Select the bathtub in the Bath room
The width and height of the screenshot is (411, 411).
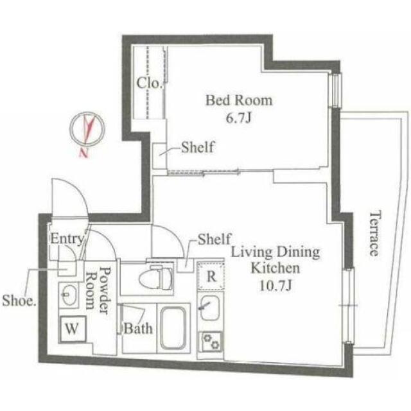point(173,328)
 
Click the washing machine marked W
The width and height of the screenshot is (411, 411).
point(73,329)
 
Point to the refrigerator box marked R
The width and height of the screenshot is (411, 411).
point(211,275)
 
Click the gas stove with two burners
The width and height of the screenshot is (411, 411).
point(211,342)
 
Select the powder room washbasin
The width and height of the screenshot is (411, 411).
point(69,295)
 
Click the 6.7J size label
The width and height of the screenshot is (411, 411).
point(238,118)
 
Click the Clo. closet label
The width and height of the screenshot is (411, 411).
point(149,83)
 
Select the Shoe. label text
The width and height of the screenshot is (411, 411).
point(19,301)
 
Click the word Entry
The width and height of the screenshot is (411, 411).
point(67,239)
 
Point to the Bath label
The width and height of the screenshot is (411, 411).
point(139,328)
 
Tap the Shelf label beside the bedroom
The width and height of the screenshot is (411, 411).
point(198,147)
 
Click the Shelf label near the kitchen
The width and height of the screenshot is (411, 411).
point(214,239)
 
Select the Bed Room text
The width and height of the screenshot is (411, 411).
point(239,100)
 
